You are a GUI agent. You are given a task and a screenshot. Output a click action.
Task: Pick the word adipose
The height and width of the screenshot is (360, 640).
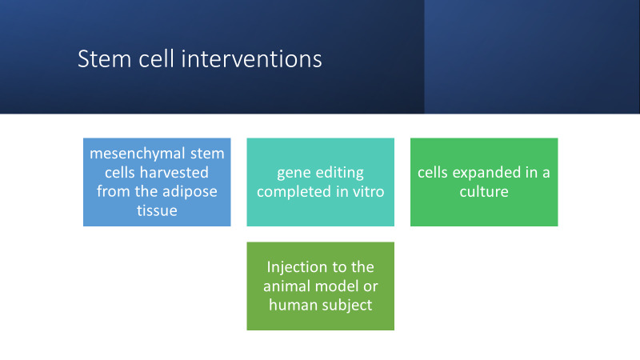tap(188, 191)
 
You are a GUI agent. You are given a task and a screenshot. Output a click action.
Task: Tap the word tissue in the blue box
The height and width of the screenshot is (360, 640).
tap(157, 210)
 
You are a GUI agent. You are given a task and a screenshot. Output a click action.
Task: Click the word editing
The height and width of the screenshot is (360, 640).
tap(341, 172)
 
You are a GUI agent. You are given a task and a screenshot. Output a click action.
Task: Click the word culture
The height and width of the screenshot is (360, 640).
tap(484, 191)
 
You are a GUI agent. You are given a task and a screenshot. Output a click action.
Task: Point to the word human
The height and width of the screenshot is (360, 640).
tap(293, 305)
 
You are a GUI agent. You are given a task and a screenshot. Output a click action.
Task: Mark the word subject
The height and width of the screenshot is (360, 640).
tap(348, 305)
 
